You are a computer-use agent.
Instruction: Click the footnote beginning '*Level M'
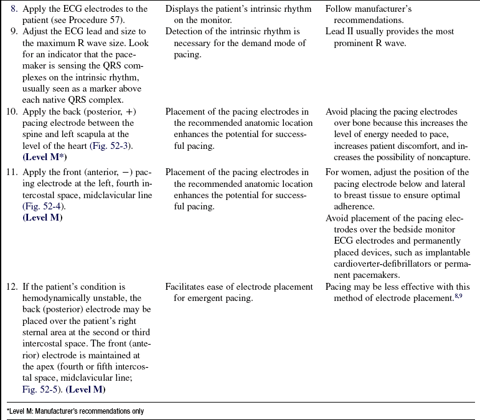coord(75,411)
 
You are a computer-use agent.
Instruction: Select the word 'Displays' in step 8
coord(184,9)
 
